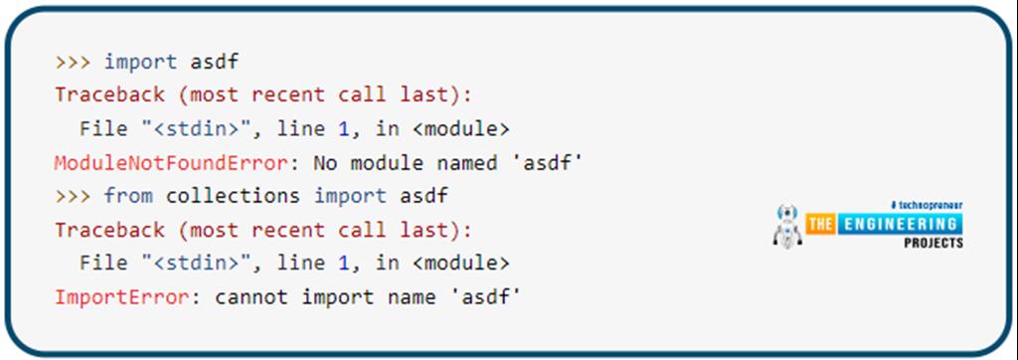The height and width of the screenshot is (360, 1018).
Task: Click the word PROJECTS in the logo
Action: click(x=933, y=243)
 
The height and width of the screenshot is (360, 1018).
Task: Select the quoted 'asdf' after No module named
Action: click(x=546, y=162)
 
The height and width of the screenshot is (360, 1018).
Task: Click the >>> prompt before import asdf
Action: click(x=73, y=62)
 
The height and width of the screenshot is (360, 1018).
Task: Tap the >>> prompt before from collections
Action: click(x=73, y=195)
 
